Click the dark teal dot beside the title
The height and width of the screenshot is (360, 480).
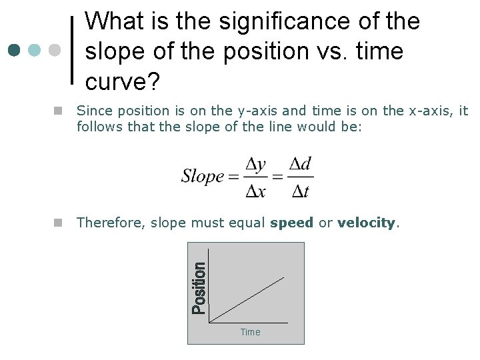pos(15,51)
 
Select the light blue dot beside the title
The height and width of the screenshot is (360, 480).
pos(35,51)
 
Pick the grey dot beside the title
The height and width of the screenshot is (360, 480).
pos(55,51)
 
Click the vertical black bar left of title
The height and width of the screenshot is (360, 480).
pos(72,50)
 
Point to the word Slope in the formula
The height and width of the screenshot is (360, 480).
pos(203,177)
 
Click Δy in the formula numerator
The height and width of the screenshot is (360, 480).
pos(256,164)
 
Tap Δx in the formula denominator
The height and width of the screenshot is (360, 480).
pos(256,191)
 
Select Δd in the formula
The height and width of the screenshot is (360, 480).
pos(301,164)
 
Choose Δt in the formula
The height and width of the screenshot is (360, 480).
pos(301,191)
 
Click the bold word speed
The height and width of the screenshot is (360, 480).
pos(291,223)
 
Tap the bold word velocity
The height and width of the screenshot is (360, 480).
pos(366,223)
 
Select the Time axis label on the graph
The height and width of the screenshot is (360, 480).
pos(250,332)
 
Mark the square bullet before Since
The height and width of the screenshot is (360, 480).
pos(59,111)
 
